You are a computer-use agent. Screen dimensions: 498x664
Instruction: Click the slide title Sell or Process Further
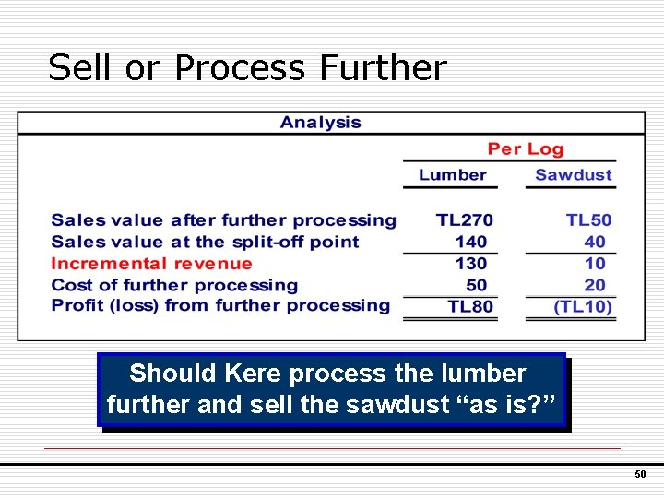pyautogui.click(x=247, y=68)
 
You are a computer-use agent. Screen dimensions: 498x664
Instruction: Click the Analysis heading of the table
pyautogui.click(x=320, y=123)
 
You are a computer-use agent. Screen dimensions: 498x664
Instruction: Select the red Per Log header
pyautogui.click(x=525, y=149)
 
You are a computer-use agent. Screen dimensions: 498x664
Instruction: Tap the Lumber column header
pyautogui.click(x=452, y=175)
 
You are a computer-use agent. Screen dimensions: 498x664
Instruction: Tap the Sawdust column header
pyautogui.click(x=573, y=175)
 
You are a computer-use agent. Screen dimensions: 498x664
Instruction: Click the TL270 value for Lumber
pyautogui.click(x=465, y=220)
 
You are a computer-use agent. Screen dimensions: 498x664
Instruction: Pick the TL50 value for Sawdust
pyautogui.click(x=588, y=220)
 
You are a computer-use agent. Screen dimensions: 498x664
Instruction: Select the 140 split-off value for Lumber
pyautogui.click(x=470, y=242)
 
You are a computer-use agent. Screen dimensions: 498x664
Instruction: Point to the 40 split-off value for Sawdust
pyautogui.click(x=595, y=242)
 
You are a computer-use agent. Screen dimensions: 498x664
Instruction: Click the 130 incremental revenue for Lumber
pyautogui.click(x=470, y=264)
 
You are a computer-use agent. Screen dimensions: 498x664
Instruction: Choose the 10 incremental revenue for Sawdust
pyautogui.click(x=595, y=264)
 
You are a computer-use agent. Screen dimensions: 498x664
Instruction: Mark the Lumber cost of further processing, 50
pyautogui.click(x=476, y=285)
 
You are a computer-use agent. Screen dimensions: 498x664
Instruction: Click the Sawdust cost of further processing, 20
pyautogui.click(x=595, y=285)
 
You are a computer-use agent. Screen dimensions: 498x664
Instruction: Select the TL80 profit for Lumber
pyautogui.click(x=470, y=306)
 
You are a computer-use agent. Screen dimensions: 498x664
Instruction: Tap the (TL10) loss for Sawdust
pyautogui.click(x=583, y=306)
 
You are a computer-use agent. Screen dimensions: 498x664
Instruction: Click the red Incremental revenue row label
pyautogui.click(x=151, y=264)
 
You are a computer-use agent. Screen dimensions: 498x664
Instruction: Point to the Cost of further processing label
pyautogui.click(x=174, y=285)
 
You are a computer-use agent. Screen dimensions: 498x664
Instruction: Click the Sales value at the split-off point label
pyautogui.click(x=205, y=242)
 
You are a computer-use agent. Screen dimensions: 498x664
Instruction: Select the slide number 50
pyautogui.click(x=640, y=474)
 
